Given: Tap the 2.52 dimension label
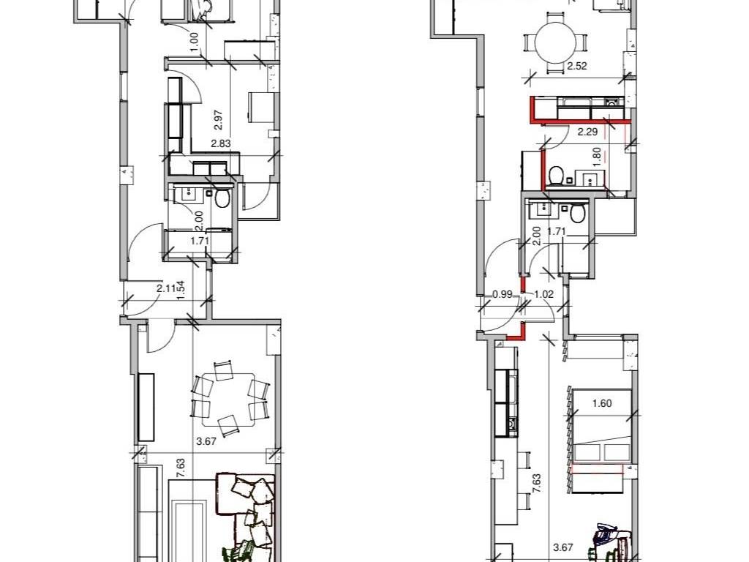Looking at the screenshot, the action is tap(577, 67).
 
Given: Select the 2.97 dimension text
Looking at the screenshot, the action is tap(219, 120).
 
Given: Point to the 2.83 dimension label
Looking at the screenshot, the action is tap(221, 143).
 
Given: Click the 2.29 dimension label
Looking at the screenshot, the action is tap(587, 132).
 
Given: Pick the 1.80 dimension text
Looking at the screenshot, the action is tap(595, 157).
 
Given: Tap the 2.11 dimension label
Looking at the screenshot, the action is tap(165, 288).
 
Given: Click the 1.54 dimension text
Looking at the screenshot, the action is tap(181, 291).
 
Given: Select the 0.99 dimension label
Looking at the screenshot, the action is tap(502, 294).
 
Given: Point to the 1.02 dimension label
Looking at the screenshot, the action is tap(543, 294).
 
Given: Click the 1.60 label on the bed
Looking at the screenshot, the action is tap(602, 403).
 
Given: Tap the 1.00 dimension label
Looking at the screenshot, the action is tap(194, 42).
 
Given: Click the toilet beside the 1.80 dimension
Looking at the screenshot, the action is tap(555, 176).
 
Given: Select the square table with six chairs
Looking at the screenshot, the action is tap(228, 399).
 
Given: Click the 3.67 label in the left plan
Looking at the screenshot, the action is tap(206, 441).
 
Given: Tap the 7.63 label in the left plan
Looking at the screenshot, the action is tap(181, 468).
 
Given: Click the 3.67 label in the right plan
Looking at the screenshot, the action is tap(563, 548).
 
